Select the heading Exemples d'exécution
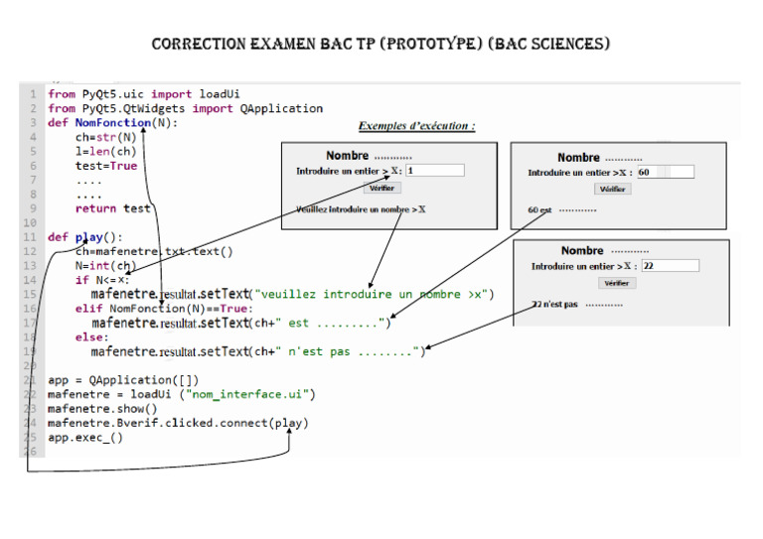click(x=416, y=126)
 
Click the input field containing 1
click(x=434, y=171)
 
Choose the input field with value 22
click(x=670, y=266)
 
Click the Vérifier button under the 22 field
click(x=619, y=283)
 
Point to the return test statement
click(x=112, y=208)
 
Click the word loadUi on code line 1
click(x=220, y=94)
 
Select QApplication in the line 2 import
click(x=281, y=108)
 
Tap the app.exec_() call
click(x=85, y=437)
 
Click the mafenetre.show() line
click(x=102, y=409)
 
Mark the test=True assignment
click(x=106, y=166)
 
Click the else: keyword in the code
click(x=91, y=337)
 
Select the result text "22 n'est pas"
click(x=554, y=304)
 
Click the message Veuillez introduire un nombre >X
click(x=361, y=209)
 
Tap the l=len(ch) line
click(x=105, y=152)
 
